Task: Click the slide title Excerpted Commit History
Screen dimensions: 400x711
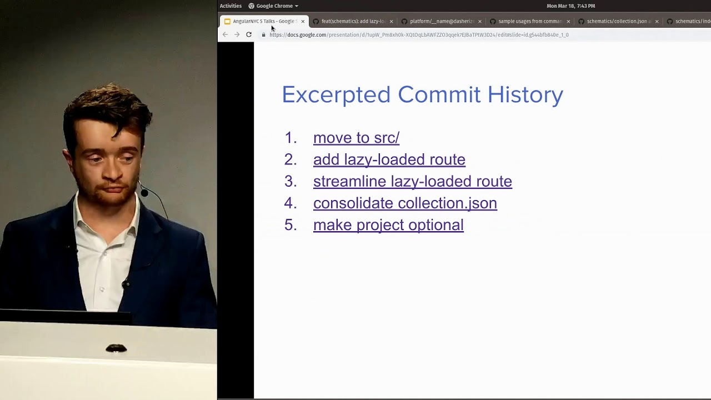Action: (x=422, y=95)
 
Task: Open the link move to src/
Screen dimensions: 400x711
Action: (x=356, y=138)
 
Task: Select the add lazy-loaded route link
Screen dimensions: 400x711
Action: (x=389, y=159)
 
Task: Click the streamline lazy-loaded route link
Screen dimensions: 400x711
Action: (x=412, y=181)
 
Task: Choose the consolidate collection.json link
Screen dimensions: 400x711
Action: (x=405, y=203)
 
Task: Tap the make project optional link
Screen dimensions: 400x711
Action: (x=388, y=225)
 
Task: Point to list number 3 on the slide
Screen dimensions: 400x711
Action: (x=290, y=181)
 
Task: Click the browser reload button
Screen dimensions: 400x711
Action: (x=249, y=34)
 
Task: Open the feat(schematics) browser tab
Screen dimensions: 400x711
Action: (x=352, y=21)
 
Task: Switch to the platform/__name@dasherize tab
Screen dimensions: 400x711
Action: (x=441, y=21)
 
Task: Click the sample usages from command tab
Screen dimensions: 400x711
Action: (x=529, y=21)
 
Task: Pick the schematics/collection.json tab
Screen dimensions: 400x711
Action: (x=618, y=21)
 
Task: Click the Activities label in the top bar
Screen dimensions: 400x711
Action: (x=231, y=6)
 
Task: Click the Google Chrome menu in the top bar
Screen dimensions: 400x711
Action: (x=273, y=6)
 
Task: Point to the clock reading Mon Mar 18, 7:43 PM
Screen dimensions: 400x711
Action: (x=570, y=6)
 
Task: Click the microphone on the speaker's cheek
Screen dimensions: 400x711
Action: (x=144, y=193)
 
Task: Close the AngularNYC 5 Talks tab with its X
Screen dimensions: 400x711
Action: (x=303, y=21)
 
